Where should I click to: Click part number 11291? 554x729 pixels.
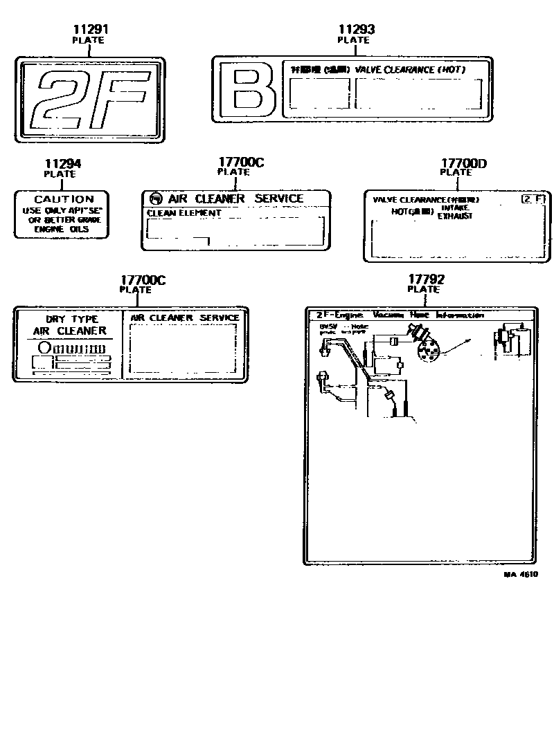(x=91, y=30)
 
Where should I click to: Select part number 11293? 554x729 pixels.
(x=357, y=29)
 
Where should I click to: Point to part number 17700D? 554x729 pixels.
(x=463, y=163)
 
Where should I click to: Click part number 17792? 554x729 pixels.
(x=426, y=279)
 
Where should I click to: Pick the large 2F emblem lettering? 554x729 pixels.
(x=90, y=100)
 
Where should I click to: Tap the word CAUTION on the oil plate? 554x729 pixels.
(x=64, y=199)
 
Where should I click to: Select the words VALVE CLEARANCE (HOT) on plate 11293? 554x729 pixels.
(x=410, y=70)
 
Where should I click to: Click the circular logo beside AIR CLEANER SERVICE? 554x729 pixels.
(x=156, y=199)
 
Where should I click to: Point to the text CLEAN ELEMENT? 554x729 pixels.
(x=184, y=213)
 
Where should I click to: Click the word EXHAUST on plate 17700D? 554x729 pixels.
(x=454, y=216)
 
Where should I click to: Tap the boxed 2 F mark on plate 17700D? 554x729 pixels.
(x=533, y=199)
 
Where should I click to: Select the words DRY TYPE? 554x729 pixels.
(x=72, y=319)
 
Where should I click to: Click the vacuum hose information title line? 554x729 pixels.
(x=400, y=315)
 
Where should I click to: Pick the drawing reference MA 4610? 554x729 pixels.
(x=521, y=574)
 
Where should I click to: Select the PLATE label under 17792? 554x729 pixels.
(x=424, y=290)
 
